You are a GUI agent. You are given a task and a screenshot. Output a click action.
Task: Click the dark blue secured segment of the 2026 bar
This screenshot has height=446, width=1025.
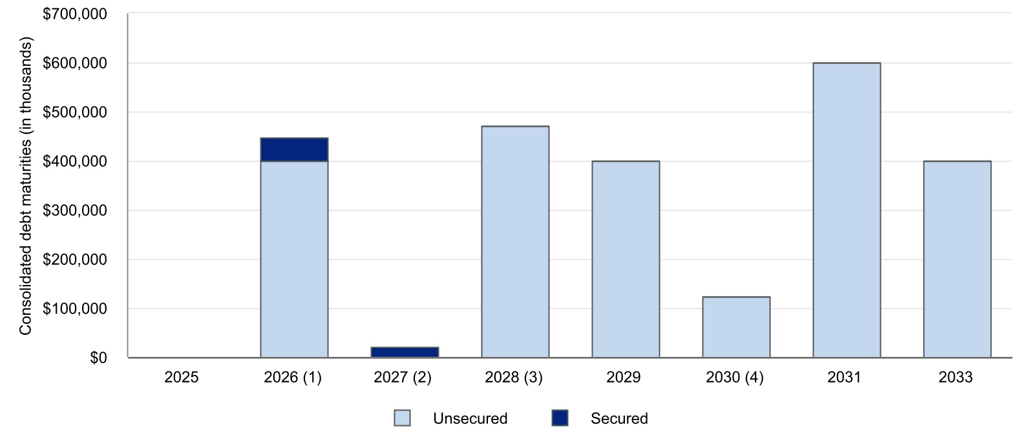[x=294, y=149]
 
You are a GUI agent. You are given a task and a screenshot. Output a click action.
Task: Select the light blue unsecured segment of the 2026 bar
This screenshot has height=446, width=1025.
[x=294, y=259]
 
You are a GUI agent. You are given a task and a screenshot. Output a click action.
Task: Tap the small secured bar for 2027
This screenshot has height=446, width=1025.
[x=405, y=352]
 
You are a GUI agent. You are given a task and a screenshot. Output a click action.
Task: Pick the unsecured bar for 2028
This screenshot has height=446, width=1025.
[x=515, y=242]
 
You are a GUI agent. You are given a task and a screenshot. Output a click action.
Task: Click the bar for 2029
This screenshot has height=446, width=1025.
[x=626, y=259]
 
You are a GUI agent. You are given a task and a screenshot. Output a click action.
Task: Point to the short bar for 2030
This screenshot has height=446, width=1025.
[x=736, y=327]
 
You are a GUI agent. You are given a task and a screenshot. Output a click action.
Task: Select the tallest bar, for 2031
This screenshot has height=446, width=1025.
[x=847, y=210]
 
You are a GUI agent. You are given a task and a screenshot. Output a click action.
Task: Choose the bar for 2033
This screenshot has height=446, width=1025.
[x=957, y=259]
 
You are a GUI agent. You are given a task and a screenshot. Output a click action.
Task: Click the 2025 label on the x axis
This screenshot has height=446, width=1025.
[x=182, y=377]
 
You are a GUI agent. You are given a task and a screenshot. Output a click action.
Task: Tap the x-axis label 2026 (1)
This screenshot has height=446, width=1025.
[x=293, y=377]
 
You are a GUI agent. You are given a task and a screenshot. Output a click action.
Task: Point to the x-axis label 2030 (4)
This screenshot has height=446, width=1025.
[x=735, y=377]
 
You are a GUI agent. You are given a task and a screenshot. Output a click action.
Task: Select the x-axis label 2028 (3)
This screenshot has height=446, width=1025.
[x=514, y=377]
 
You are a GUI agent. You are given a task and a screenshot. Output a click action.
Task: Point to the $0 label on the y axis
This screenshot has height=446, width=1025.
[x=98, y=357]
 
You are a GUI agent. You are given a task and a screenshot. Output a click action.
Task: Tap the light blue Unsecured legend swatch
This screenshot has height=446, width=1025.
[x=402, y=418]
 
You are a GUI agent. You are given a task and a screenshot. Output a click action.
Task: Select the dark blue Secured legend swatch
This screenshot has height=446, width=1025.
[x=560, y=418]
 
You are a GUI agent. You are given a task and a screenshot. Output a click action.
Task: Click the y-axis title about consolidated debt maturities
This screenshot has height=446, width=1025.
[x=25, y=186]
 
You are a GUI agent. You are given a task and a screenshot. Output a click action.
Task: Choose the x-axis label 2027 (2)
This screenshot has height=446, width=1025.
[x=403, y=377]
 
